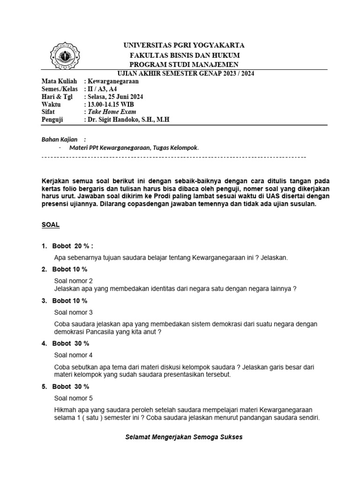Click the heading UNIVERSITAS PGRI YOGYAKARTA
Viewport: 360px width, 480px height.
[x=184, y=45]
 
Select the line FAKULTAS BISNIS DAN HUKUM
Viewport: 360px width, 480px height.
[x=184, y=55]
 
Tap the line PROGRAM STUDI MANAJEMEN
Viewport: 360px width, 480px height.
[x=184, y=64]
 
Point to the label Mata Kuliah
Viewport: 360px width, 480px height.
[x=58, y=81]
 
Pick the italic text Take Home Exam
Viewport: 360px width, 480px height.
[x=111, y=112]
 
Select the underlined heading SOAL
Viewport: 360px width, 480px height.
[x=51, y=225]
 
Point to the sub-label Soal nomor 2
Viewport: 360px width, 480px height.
[x=74, y=281]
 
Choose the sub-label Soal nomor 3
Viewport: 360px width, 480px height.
[x=74, y=312]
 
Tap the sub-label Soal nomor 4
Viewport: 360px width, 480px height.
[x=74, y=355]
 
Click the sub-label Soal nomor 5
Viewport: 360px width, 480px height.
[x=74, y=398]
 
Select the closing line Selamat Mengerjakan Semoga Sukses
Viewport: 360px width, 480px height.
[x=184, y=437]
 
